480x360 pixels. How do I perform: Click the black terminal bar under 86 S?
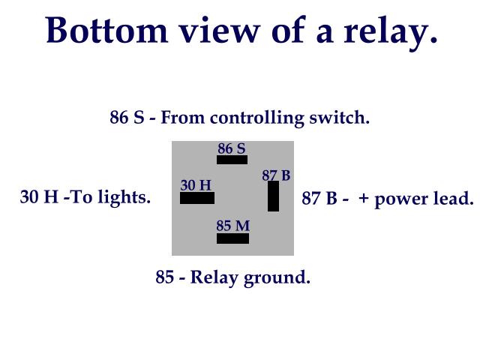[232, 160]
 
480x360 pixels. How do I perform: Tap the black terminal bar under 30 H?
[197, 198]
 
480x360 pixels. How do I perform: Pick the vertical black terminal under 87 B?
[273, 196]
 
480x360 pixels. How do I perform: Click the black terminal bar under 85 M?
[232, 238]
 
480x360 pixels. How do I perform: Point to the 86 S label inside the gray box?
[232, 148]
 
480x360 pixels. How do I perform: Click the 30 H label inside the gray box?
[196, 185]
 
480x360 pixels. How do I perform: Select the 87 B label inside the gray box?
[276, 175]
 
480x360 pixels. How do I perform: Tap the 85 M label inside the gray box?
[232, 226]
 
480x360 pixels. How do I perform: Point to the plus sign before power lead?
[364, 199]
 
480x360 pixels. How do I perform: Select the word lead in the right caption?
[454, 199]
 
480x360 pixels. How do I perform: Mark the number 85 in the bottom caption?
[165, 277]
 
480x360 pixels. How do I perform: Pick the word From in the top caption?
[184, 118]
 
